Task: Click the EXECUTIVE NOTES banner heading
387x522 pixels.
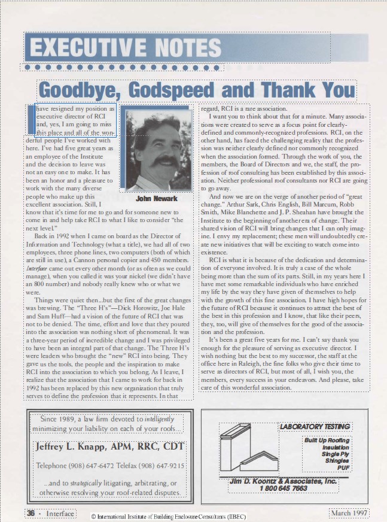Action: point(125,47)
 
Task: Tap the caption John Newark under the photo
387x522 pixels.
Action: point(157,199)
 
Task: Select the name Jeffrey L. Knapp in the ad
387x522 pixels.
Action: point(71,447)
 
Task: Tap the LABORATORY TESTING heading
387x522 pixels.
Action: point(315,427)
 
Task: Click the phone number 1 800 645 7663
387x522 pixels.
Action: point(284,488)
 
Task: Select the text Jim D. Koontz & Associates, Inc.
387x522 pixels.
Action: point(284,481)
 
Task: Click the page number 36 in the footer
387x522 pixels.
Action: point(31,514)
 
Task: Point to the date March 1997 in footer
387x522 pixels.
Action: point(349,514)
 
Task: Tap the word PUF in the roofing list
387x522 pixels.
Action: point(343,468)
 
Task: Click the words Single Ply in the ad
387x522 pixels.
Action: point(335,454)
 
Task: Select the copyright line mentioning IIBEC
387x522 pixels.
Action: point(168,516)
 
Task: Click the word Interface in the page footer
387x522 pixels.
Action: point(60,514)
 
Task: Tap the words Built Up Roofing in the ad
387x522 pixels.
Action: point(327,441)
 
